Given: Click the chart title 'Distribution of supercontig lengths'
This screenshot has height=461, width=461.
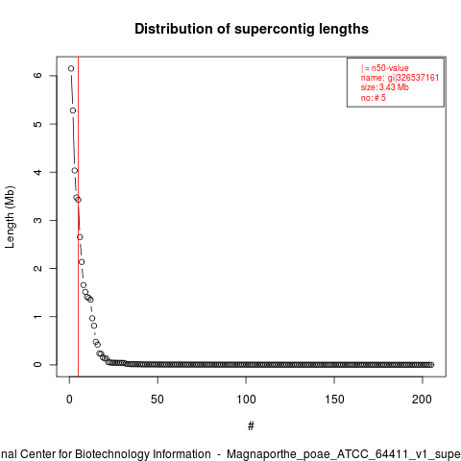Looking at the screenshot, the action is point(252,29).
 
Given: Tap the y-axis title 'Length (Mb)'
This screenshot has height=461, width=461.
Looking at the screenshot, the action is point(10,217).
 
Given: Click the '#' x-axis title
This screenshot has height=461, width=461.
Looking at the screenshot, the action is point(251,426).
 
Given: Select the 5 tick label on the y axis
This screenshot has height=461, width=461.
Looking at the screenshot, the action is point(37,124).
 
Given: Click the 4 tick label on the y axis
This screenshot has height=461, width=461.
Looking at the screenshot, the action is point(37,172).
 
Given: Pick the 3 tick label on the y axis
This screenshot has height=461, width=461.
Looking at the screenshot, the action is point(37,220).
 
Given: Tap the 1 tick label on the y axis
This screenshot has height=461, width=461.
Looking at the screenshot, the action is point(37,316).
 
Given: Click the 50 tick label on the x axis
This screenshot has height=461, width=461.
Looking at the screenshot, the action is point(158,400).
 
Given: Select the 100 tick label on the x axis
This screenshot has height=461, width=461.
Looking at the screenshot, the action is point(246,400).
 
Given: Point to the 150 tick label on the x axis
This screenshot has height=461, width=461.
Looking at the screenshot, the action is point(334,400).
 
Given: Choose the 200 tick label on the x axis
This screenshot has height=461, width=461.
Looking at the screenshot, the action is point(423,400).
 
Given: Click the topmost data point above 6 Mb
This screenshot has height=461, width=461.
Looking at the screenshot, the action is point(71,68).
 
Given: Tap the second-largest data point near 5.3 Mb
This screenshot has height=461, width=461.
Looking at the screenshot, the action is point(73,110).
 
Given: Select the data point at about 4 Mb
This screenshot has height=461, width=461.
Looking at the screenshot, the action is point(75,171).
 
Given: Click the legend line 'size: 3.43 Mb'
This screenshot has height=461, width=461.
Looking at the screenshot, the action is point(385,87).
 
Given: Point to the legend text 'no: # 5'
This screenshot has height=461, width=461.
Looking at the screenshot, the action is point(374,98).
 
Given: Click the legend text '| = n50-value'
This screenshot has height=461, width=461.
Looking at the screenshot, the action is point(385,68).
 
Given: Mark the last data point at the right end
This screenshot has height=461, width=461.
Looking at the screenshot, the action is point(431,365).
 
